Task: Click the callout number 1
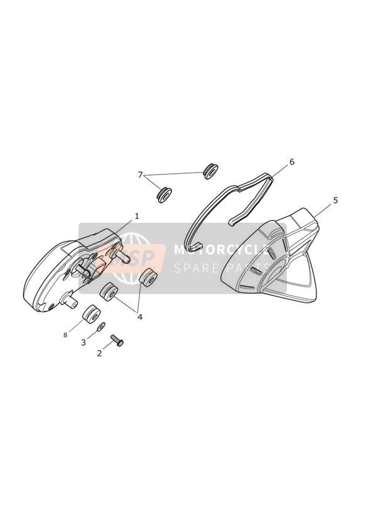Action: point(137,216)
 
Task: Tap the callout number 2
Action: point(99,353)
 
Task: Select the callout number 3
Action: point(83,343)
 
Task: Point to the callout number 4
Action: point(140,317)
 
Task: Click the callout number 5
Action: point(335,200)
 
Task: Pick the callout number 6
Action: point(291,162)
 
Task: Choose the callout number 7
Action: point(140,175)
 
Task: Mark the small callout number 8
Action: point(65,335)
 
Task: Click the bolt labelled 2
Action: point(117,340)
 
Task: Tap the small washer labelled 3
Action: point(101,327)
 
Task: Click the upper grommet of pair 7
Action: point(210,171)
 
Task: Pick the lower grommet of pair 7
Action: point(164,195)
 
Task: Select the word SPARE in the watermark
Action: point(194,268)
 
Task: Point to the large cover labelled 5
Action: point(271,255)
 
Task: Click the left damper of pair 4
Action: point(109,292)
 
